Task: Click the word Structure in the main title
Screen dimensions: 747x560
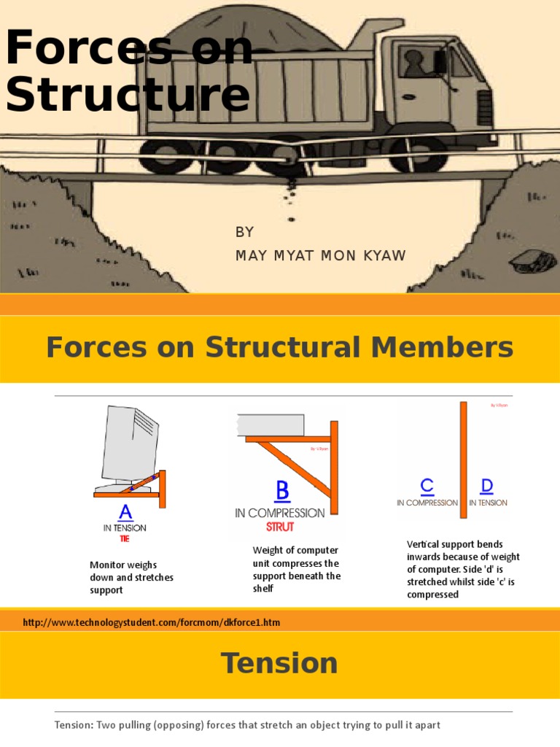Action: click(x=128, y=96)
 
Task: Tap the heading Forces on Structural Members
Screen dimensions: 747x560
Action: click(x=279, y=347)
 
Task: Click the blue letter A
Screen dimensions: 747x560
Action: click(x=125, y=511)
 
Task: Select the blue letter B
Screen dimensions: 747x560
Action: click(x=282, y=492)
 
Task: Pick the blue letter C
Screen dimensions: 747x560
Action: click(x=427, y=486)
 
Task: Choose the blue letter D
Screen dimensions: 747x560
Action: click(x=487, y=486)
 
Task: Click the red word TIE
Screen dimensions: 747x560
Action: click(x=125, y=539)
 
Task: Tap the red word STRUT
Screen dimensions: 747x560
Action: click(x=280, y=527)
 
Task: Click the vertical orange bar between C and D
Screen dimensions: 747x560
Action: click(x=463, y=460)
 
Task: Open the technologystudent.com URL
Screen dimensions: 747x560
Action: click(x=152, y=622)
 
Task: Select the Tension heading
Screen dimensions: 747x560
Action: click(x=279, y=663)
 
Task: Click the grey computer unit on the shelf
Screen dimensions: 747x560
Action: click(x=271, y=425)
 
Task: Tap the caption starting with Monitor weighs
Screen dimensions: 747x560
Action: click(x=131, y=577)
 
